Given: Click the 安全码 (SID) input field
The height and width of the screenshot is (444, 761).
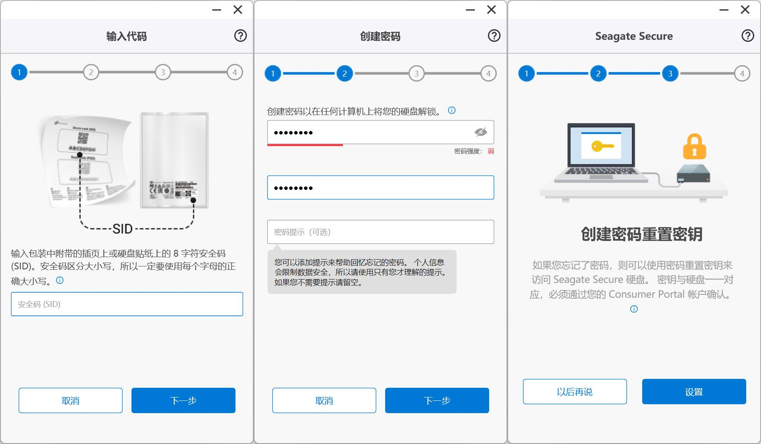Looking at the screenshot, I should click(x=127, y=304).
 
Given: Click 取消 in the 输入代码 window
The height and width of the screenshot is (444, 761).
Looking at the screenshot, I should click(x=71, y=400).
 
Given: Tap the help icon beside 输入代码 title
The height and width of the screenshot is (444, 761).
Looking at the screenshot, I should click(x=241, y=36).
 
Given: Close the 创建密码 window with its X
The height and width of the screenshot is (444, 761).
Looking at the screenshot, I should click(x=491, y=10).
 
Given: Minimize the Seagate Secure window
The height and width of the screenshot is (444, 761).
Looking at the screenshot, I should click(x=724, y=10).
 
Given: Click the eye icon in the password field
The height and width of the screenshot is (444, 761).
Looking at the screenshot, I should click(x=481, y=132).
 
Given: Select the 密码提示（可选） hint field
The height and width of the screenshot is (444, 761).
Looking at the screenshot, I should click(x=380, y=232).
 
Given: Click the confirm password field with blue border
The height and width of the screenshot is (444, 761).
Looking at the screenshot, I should click(x=380, y=188).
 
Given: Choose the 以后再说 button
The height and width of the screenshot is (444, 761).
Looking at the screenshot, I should click(x=575, y=392).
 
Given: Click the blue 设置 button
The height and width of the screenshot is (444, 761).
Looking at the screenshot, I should click(x=694, y=392).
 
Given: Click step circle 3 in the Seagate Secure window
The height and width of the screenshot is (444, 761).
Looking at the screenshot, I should click(x=670, y=74).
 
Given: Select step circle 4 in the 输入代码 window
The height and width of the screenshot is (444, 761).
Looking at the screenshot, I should click(x=235, y=72).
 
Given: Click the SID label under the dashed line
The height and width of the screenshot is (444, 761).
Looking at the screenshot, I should click(x=123, y=229).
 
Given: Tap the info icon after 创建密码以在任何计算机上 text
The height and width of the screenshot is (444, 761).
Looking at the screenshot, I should click(x=452, y=111).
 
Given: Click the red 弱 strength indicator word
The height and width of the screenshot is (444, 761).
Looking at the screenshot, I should click(x=491, y=151).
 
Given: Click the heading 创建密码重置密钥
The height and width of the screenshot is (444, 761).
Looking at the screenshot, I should click(x=641, y=234).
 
